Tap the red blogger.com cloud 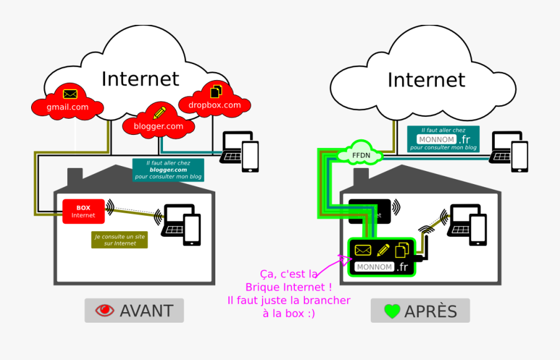tap(158, 121)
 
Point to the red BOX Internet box tap(83, 211)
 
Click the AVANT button tap(134, 310)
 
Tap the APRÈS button tap(420, 310)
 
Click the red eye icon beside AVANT tap(104, 310)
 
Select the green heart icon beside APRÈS tap(391, 311)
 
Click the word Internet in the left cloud tap(140, 79)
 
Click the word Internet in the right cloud tap(426, 80)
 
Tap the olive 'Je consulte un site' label tap(119, 239)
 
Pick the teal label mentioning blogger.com tap(167, 170)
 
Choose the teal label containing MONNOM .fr tap(443, 139)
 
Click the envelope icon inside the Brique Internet tap(363, 250)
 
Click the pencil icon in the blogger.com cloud tap(160, 113)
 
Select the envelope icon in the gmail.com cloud tap(70, 94)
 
